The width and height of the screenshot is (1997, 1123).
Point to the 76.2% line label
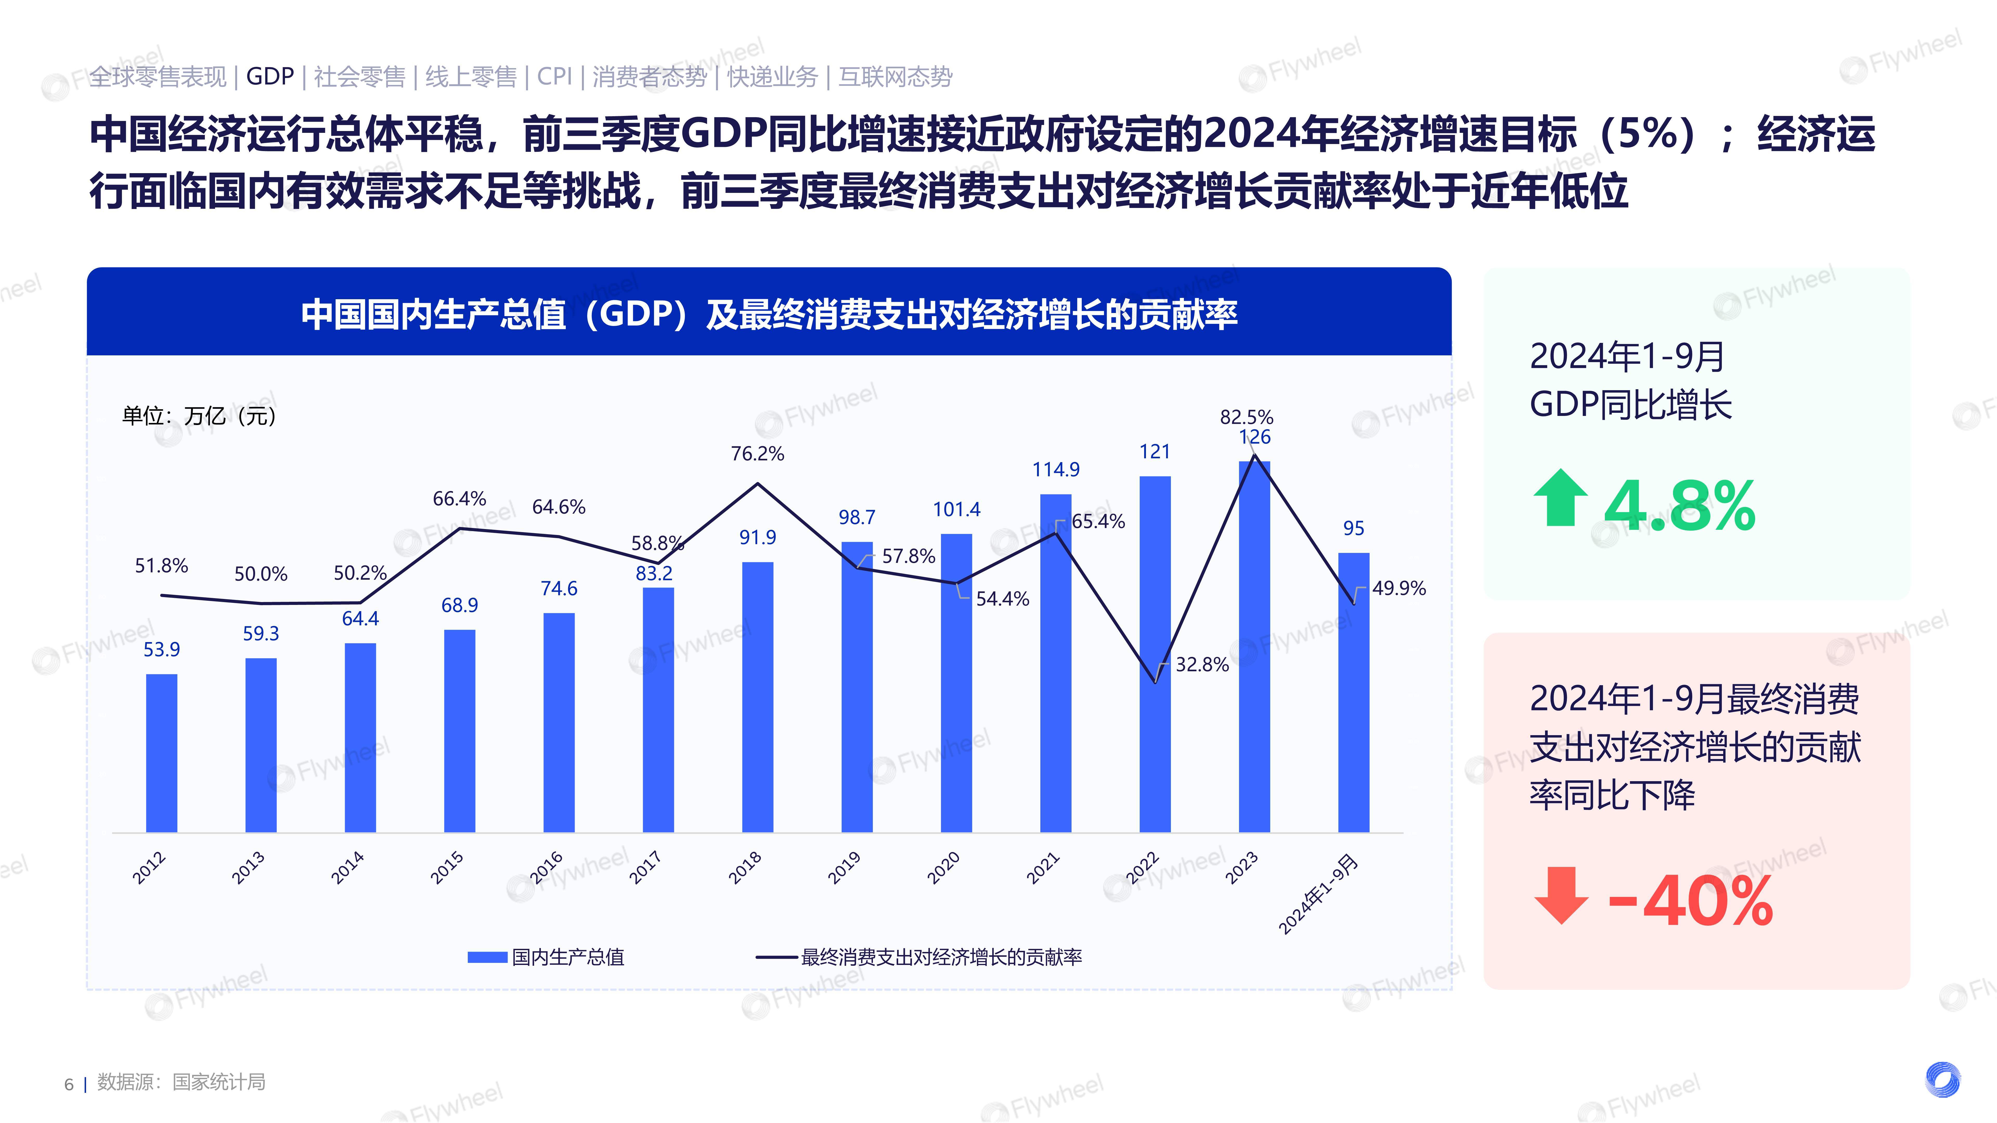pyautogui.click(x=757, y=453)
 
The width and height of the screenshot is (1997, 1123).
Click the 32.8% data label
pyautogui.click(x=1202, y=664)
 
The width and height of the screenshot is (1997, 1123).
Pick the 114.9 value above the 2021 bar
pyautogui.click(x=1056, y=469)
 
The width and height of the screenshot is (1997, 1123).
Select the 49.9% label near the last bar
pyautogui.click(x=1398, y=588)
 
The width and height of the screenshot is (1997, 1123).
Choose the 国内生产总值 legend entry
pyautogui.click(x=547, y=957)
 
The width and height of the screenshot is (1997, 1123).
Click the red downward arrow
pyautogui.click(x=1560, y=895)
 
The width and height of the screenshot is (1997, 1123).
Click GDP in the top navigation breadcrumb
pyautogui.click(x=270, y=77)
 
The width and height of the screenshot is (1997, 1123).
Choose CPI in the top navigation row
pyautogui.click(x=554, y=77)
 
